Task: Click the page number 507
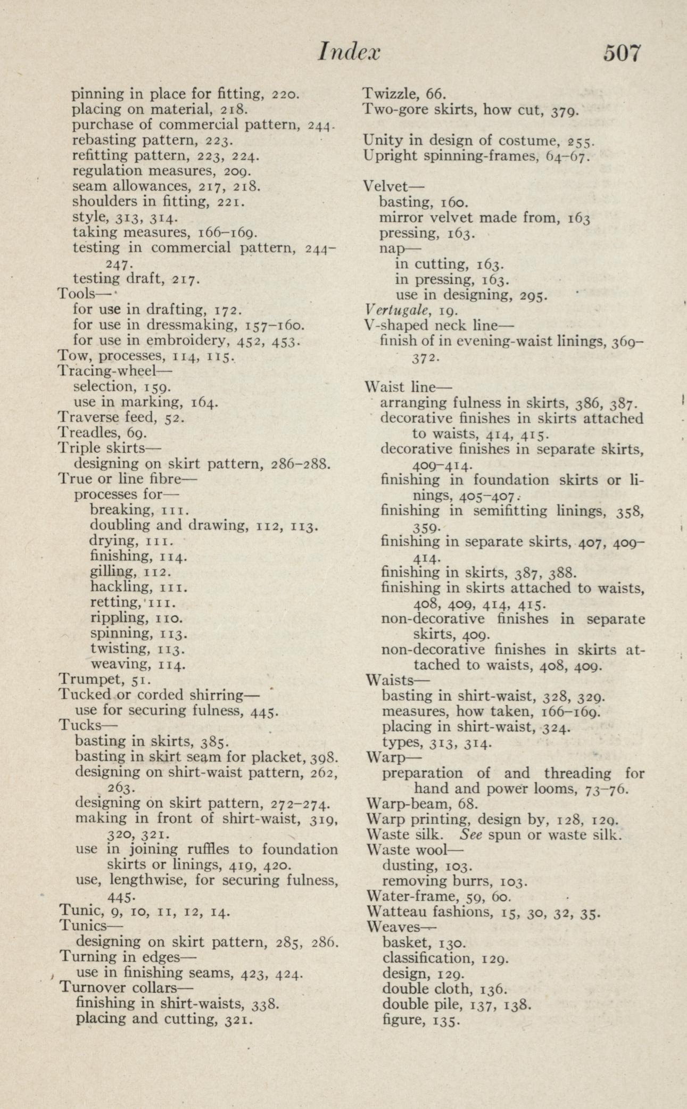622,54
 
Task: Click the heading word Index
349,53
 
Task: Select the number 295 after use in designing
533,295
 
